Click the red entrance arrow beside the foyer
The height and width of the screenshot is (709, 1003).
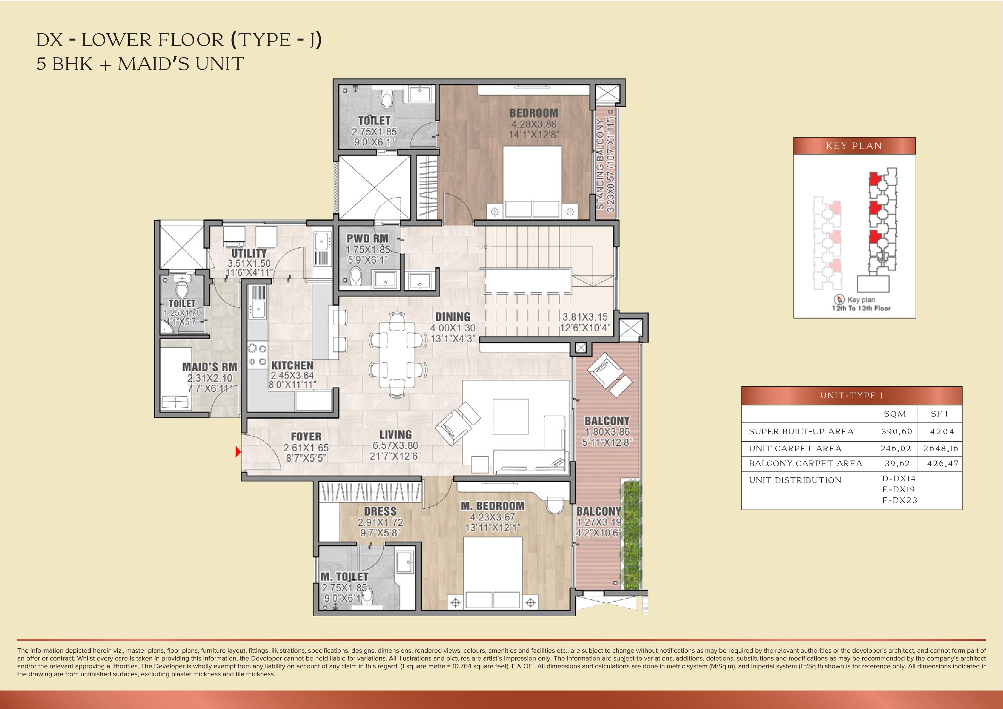(238, 451)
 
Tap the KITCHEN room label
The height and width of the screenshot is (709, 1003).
(292, 365)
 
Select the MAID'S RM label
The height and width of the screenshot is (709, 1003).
(210, 367)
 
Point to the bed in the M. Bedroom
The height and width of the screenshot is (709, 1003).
(493, 572)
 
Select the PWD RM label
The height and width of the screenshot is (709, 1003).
(367, 239)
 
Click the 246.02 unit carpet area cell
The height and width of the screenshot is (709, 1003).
(896, 449)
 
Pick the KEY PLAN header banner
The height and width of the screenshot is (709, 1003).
(854, 146)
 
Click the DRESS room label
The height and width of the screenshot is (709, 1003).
(380, 511)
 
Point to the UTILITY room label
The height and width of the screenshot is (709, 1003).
(249, 253)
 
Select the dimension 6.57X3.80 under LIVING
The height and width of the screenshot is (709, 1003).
(395, 446)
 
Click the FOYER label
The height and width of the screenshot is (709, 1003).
(306, 436)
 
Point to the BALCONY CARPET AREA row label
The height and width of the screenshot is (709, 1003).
(805, 463)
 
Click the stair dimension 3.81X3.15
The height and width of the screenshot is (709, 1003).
(585, 317)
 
